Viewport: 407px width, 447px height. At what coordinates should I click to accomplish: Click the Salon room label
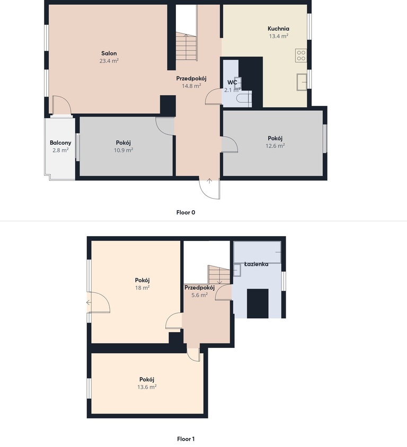point(109,53)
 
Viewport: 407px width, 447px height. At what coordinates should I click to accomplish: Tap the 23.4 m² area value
point(109,61)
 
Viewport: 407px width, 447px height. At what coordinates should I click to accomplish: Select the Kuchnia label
point(278,29)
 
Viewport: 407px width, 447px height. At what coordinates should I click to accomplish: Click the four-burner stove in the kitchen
point(301,56)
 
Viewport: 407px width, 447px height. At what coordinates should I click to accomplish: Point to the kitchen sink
point(302,82)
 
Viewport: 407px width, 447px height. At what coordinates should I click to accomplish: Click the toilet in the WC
point(244,98)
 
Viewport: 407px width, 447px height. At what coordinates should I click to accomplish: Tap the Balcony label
point(60,143)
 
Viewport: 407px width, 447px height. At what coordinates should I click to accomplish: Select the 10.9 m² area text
point(123,150)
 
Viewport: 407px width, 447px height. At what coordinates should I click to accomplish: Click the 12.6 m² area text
point(275,146)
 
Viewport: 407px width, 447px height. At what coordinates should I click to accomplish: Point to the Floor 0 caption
point(185,212)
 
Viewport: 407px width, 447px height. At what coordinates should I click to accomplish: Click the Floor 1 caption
point(185,439)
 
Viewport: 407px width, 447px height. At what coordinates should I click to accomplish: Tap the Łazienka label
point(256,264)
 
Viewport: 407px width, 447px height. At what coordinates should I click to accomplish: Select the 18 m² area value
point(143,288)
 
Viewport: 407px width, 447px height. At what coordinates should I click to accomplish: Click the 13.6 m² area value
point(147,387)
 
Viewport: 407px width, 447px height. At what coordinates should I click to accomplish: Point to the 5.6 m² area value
point(200,295)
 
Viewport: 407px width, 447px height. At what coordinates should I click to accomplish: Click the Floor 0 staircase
point(186,46)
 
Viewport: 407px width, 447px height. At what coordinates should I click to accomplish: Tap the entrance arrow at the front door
point(210,181)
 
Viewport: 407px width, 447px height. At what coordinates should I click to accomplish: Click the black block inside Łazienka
point(258,303)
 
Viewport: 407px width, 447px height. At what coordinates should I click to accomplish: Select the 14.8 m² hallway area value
point(192,86)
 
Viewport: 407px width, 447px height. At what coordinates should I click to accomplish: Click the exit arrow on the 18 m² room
point(89,302)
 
